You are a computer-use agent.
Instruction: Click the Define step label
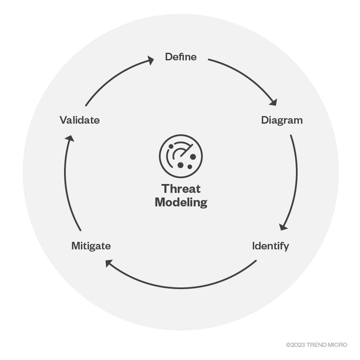pos(180,57)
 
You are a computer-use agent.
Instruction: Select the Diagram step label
pos(282,120)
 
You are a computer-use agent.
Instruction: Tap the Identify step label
pos(270,246)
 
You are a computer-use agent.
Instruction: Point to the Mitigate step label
pos(91,246)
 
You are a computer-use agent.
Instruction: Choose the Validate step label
pos(80,120)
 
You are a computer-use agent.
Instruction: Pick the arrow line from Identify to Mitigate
pos(181,288)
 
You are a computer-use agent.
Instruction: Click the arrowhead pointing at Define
pos(150,61)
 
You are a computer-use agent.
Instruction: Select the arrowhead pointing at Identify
pos(284,227)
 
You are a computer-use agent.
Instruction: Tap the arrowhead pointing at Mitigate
pos(109,263)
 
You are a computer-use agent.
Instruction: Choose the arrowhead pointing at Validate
pos(70,138)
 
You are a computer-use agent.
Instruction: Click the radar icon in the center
pos(181,156)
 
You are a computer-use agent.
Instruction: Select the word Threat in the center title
pos(181,189)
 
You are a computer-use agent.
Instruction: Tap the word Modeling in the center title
pos(181,203)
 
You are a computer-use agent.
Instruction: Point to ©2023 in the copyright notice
pos(294,345)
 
